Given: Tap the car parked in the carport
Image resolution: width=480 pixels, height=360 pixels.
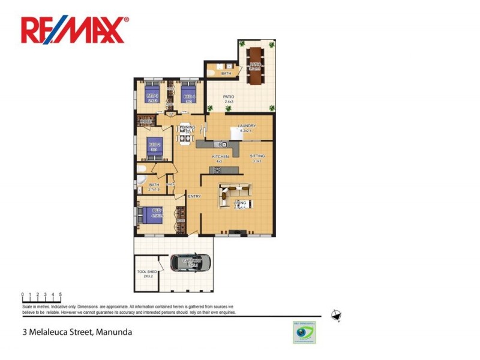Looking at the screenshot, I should pos(191,262).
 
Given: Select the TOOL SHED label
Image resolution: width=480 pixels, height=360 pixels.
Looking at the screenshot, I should pos(145,274).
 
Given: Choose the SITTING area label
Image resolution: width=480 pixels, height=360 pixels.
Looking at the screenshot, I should pos(257,156).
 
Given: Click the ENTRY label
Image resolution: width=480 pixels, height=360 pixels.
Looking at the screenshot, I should pos(194,196).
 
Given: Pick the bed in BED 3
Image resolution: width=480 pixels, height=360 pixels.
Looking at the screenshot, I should pos(152,94).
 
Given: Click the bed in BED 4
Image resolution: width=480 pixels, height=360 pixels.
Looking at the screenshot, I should pos(189,94).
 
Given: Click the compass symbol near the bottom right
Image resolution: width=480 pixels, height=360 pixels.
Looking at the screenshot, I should pos(336,316).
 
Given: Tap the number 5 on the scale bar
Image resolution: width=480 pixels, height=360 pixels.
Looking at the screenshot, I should pos(61,295).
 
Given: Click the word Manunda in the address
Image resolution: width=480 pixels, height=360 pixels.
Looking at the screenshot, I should pos(113,331).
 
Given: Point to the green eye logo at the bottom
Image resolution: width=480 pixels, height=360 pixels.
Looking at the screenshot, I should pos(304,334).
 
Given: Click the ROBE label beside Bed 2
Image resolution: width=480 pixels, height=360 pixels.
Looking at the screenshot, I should pos(144,122).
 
